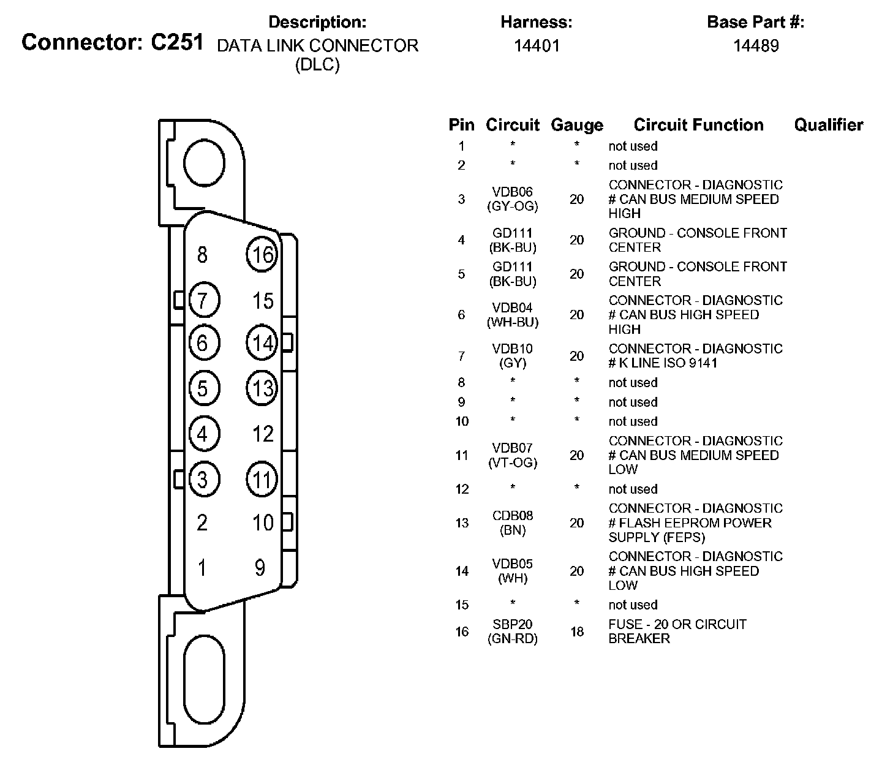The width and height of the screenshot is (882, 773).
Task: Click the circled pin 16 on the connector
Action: coord(262,254)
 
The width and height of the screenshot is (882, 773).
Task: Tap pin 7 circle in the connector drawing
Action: coord(203,300)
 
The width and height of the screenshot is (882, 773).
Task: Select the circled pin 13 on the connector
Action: coord(262,388)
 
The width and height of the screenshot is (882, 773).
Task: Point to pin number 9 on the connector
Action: coord(260,568)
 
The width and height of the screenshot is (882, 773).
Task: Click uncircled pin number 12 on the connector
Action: coord(263,434)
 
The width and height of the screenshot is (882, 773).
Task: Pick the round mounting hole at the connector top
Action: coord(205,162)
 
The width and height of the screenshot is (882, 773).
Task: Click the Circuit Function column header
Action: coord(698,125)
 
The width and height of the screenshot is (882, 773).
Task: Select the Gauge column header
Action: coord(576,125)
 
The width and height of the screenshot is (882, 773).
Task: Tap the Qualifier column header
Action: coord(828,125)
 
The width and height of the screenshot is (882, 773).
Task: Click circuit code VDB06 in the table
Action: coord(513,192)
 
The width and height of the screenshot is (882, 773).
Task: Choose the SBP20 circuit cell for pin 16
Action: coord(513,632)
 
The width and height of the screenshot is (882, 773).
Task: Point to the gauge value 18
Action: coord(577,632)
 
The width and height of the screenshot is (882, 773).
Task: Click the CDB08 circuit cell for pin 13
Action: coord(513,522)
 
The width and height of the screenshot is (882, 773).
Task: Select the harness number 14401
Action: coord(537,45)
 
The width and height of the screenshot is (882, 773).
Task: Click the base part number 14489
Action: coord(756,45)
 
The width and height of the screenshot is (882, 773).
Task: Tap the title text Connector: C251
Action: coord(112,42)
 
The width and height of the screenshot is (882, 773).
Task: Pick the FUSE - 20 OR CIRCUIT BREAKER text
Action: coord(677,632)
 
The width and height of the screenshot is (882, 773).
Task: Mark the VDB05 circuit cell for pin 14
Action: coord(513,571)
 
